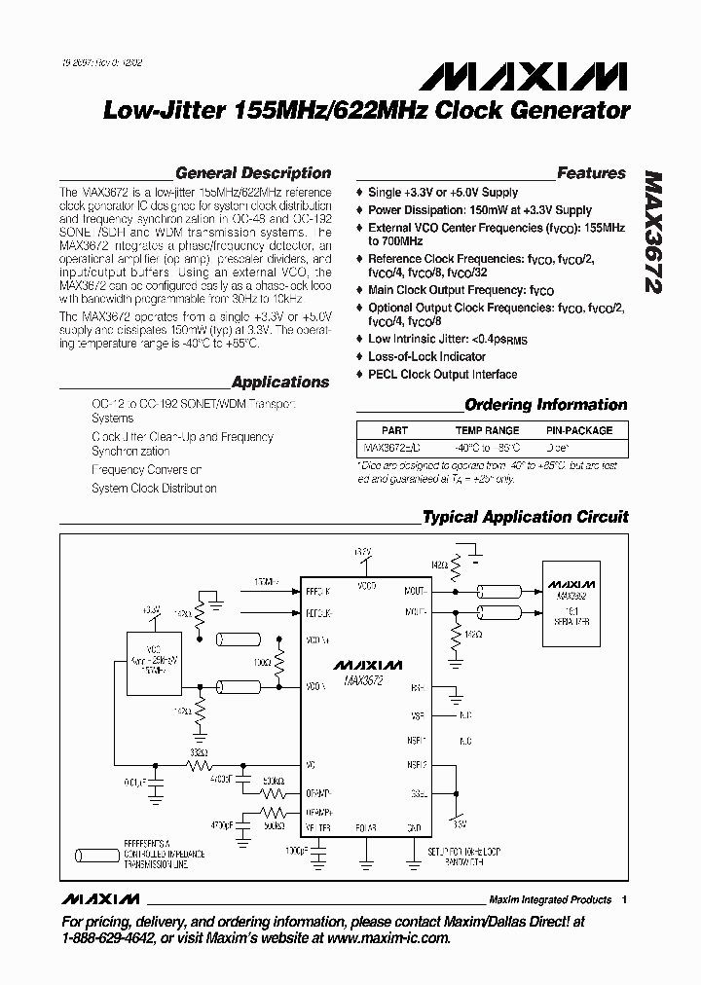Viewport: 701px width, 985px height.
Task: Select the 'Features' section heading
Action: point(591,173)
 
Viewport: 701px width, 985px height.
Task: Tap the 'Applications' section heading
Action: point(280,383)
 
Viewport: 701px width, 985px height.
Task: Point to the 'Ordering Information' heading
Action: point(545,405)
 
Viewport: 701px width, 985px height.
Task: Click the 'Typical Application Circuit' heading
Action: point(525,518)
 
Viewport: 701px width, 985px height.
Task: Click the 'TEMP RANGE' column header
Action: point(488,430)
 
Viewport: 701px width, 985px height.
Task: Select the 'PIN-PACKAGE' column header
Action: point(578,430)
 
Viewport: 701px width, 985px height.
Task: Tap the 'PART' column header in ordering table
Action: point(395,430)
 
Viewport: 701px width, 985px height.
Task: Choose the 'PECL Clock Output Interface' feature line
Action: point(442,375)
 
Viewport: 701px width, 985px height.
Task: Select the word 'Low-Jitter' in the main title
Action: point(164,112)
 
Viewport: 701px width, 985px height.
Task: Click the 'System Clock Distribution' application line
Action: point(154,489)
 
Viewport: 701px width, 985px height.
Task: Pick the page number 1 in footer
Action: point(624,899)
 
